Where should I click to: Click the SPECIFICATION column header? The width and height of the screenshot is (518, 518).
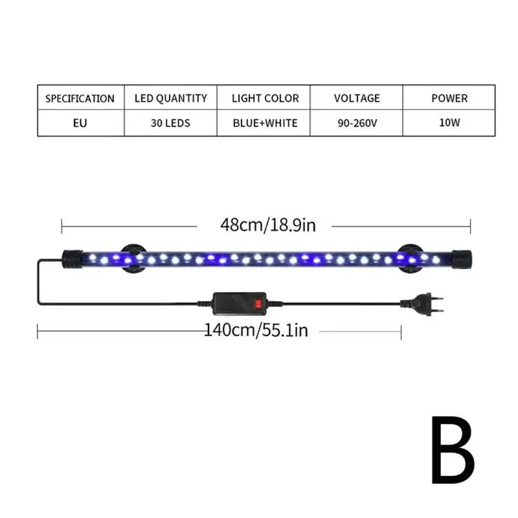coord(80,98)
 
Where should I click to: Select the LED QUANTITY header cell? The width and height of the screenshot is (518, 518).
coord(171,98)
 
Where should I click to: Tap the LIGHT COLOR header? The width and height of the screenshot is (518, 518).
coord(265,98)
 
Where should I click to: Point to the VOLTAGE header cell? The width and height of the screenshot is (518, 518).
coord(357,98)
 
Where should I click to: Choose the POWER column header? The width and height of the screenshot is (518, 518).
coord(449,98)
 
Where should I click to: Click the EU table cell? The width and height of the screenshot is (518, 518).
coord(80,122)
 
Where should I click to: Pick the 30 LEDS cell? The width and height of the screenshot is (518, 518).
coord(171,122)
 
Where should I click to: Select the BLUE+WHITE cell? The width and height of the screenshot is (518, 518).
coord(265,122)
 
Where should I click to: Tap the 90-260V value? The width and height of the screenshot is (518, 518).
coord(357,122)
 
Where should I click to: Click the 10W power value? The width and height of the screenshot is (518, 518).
coord(449,122)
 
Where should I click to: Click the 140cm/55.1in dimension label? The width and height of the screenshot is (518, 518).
coord(256,331)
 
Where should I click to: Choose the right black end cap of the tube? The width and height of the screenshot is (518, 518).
coord(461,258)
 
